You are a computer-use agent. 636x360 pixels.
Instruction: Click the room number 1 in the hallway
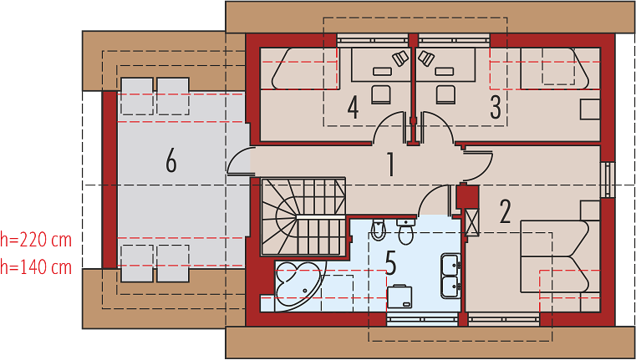[390, 165]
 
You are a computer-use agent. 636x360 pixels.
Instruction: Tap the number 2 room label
[505, 210]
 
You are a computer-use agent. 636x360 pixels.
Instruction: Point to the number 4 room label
[353, 108]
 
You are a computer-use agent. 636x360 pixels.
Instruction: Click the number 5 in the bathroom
[390, 263]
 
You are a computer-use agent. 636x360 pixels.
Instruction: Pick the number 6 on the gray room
[171, 162]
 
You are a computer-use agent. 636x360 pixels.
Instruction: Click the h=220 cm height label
[36, 240]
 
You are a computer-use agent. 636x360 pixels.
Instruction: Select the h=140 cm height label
[36, 267]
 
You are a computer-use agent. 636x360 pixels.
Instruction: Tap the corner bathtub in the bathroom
[300, 286]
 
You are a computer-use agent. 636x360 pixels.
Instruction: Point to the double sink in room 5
[450, 276]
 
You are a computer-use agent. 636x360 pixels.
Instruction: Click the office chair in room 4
[381, 94]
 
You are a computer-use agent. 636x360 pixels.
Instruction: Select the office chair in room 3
[445, 94]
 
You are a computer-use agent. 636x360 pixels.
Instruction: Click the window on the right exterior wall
[608, 180]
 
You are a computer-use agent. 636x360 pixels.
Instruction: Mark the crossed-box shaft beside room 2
[472, 221]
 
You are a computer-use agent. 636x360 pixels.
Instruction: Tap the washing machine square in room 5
[399, 297]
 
